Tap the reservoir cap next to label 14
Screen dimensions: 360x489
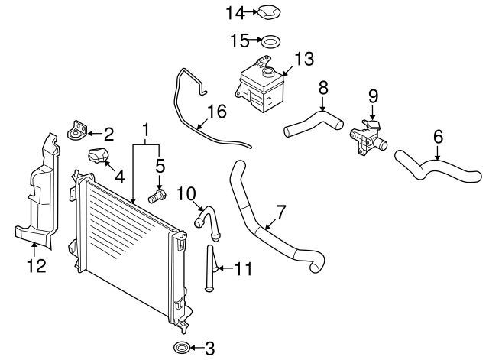click(x=267, y=13)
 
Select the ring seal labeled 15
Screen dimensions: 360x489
click(x=270, y=41)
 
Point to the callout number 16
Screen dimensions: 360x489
click(x=216, y=112)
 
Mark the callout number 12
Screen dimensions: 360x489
click(x=36, y=265)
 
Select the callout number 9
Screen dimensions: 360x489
click(x=373, y=96)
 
